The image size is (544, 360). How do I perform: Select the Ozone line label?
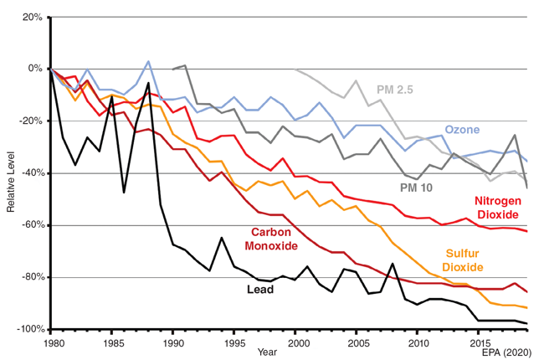(x=461, y=130)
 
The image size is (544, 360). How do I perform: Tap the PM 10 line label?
(x=415, y=188)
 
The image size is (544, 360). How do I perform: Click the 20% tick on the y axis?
(x=31, y=16)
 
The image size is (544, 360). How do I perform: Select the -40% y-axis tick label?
(x=30, y=173)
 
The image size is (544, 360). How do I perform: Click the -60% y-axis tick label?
(x=30, y=225)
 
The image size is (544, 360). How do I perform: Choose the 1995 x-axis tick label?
(x=235, y=342)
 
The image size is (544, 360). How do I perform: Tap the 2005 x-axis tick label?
(x=359, y=342)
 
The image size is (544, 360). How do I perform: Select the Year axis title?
(x=267, y=352)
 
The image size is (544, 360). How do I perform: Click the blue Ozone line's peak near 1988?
(x=148, y=61)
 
